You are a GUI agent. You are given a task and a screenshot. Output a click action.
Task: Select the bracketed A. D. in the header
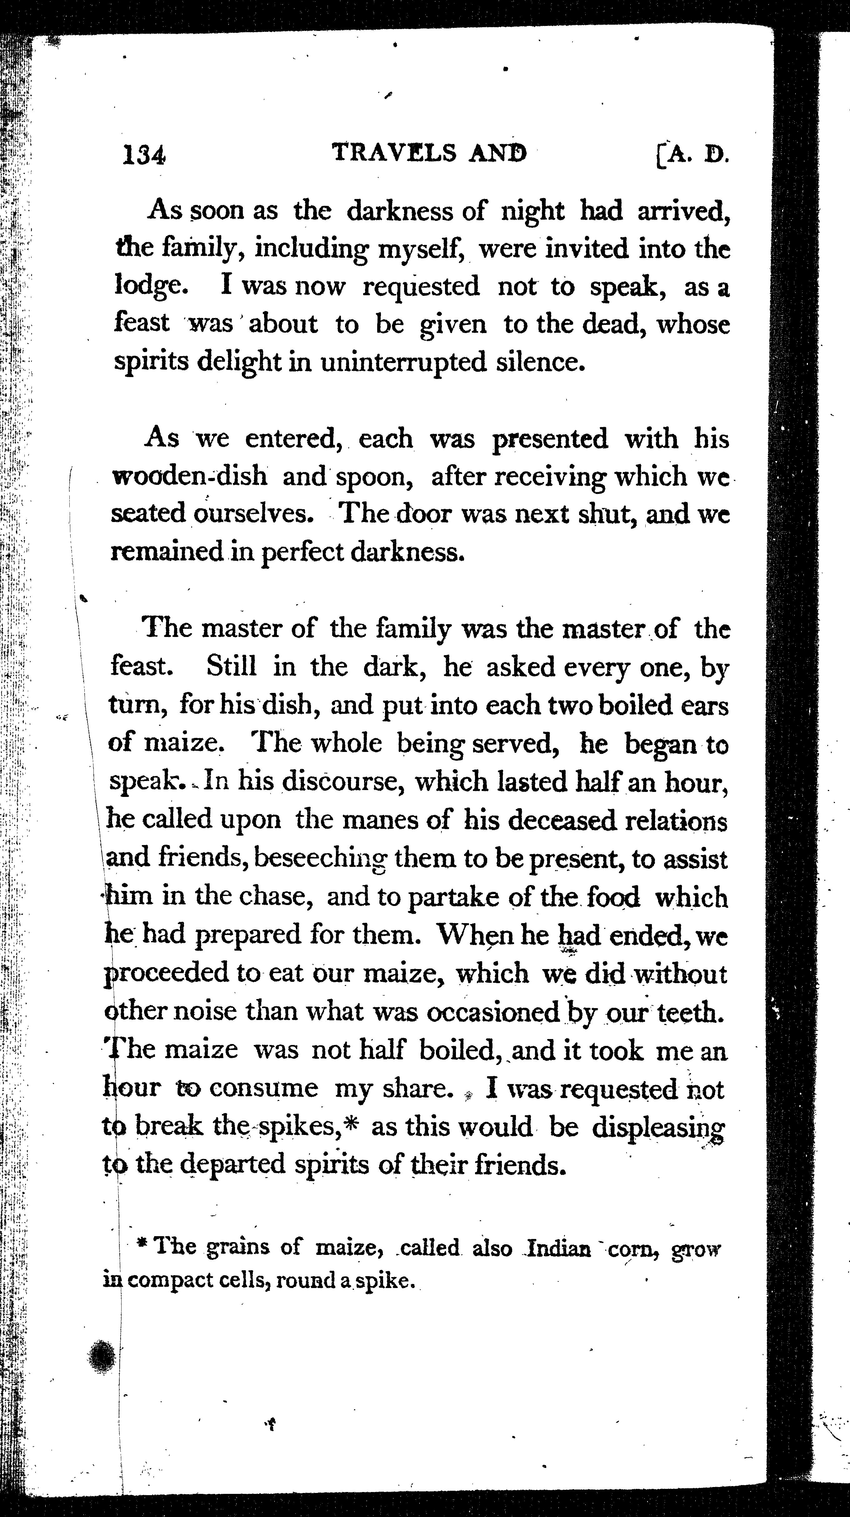[x=693, y=155]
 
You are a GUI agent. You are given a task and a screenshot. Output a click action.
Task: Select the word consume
[x=263, y=1088]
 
